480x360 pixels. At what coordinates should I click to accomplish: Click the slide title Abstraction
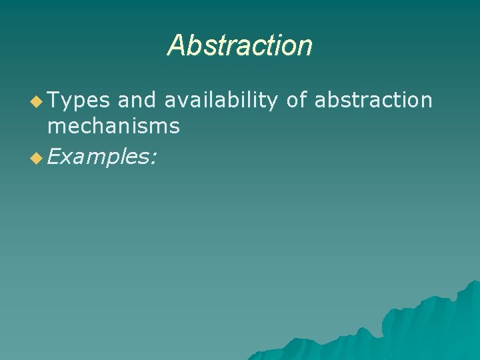pyautogui.click(x=240, y=46)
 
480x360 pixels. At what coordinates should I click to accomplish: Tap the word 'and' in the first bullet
pyautogui.click(x=137, y=101)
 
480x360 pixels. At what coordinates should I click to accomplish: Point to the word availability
pyautogui.click(x=221, y=101)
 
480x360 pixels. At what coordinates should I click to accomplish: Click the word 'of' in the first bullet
pyautogui.click(x=297, y=101)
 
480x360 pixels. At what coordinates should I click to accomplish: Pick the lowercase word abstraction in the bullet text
pyautogui.click(x=373, y=101)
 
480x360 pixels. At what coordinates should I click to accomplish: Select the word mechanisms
pyautogui.click(x=113, y=125)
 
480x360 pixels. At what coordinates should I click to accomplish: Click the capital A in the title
pyautogui.click(x=176, y=46)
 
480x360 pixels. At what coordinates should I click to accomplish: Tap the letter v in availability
pyautogui.click(x=183, y=101)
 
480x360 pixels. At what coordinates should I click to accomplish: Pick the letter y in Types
pyautogui.click(x=67, y=103)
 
